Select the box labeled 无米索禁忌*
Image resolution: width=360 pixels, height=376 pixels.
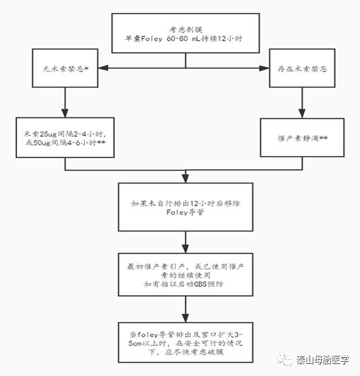tap(65, 68)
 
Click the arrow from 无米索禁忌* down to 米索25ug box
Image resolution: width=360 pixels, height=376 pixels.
tap(65, 101)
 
